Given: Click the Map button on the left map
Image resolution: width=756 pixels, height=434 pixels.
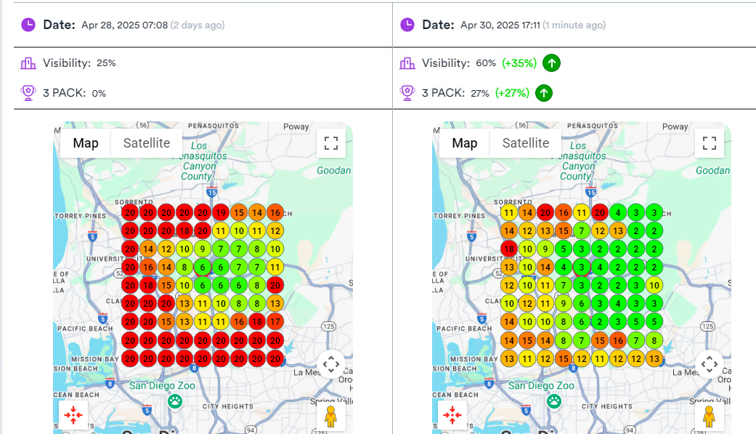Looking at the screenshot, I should click(86, 143).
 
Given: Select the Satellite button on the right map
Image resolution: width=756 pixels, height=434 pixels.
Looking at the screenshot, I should click(525, 143).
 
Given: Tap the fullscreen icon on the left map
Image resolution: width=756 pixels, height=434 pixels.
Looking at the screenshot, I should click(330, 143).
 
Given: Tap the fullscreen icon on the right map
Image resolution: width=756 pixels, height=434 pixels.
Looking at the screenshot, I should click(710, 143).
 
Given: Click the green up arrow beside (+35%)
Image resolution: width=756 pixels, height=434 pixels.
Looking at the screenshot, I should click(552, 63).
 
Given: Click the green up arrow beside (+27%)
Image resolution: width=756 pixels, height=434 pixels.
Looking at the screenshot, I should click(544, 93).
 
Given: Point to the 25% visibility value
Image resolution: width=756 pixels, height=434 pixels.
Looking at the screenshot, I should click(106, 63).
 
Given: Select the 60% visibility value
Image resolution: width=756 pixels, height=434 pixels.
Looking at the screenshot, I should click(486, 63).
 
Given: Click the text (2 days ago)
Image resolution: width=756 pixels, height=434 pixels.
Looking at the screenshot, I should click(197, 25).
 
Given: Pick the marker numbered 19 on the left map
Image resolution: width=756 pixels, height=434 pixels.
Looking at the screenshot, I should click(221, 213).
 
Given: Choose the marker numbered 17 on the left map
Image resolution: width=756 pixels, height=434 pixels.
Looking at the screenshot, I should click(275, 321).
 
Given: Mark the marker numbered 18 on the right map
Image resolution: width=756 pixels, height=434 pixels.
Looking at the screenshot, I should click(508, 249).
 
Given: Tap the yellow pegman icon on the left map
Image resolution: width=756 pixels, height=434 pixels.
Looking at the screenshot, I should click(330, 417).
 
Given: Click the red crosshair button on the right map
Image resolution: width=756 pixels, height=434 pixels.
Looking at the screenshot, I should click(452, 416).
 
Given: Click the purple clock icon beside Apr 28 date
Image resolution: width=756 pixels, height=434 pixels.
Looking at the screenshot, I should click(28, 25).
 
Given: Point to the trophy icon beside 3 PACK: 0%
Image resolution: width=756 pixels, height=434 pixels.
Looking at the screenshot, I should click(28, 93).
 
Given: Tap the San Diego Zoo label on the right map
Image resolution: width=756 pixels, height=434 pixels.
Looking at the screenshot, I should click(543, 386).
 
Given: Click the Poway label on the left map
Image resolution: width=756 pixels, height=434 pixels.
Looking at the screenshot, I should click(296, 126).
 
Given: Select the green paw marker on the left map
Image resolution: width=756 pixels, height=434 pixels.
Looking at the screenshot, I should click(175, 401).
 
